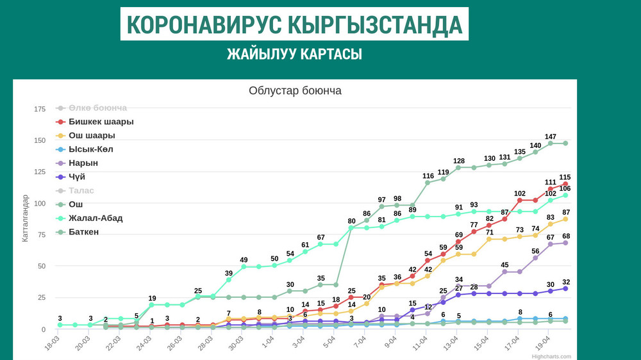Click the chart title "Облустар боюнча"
295,91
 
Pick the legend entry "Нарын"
83,163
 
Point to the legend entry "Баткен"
83,232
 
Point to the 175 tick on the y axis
40,109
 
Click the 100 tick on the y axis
40,203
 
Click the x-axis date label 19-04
542,342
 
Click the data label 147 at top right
550,136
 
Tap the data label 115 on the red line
565,177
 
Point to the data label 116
428,176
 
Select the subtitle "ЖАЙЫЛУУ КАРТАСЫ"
294,54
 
